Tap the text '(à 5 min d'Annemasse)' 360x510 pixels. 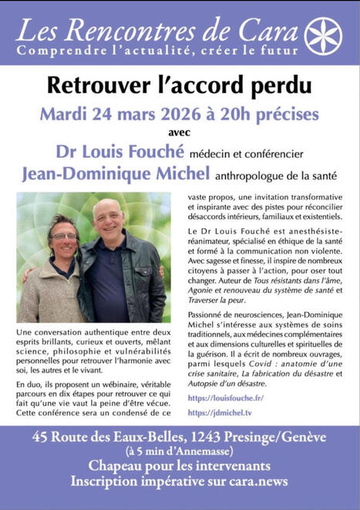pos(180,451)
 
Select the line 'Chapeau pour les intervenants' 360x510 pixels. pos(180,466)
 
